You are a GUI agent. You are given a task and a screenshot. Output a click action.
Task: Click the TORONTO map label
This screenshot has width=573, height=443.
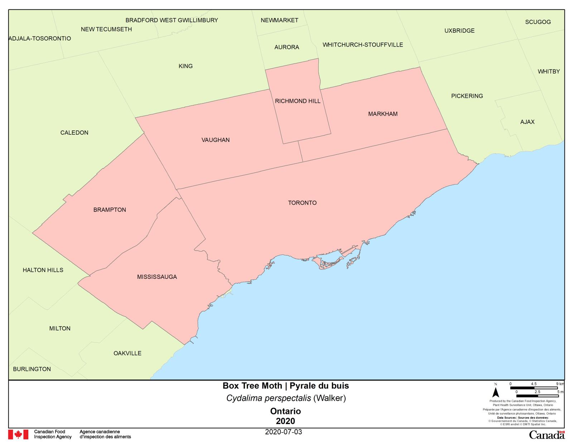tap(302, 203)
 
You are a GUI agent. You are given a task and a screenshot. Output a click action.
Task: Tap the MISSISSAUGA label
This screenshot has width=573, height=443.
tap(157, 277)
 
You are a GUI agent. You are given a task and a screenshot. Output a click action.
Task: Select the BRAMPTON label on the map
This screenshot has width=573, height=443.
tap(110, 210)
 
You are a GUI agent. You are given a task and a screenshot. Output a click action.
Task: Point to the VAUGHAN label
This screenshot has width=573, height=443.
tap(216, 140)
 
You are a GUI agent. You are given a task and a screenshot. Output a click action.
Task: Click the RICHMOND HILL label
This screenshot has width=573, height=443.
tap(298, 101)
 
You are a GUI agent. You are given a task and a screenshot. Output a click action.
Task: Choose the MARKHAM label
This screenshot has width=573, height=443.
tap(383, 114)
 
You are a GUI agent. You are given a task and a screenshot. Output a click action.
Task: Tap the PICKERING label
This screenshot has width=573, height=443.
tap(467, 96)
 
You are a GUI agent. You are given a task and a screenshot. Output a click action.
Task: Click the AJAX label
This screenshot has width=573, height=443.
tap(527, 122)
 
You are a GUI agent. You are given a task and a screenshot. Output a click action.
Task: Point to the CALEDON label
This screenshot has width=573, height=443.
tap(74, 133)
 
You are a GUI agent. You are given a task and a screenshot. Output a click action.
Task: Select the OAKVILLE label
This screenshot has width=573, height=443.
tap(127, 353)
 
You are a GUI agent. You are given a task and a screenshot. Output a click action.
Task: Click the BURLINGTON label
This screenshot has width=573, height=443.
tap(32, 369)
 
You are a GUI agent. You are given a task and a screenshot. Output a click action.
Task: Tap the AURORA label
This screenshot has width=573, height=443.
tap(286, 47)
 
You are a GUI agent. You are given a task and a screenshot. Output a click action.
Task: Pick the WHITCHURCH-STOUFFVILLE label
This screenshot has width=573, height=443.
tap(363, 45)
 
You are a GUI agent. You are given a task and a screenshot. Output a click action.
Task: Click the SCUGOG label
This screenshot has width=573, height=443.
tap(538, 22)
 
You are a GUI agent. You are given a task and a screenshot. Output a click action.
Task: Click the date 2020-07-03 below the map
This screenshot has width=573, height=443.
tap(284, 432)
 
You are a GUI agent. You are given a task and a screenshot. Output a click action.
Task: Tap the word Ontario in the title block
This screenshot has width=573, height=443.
tap(285, 411)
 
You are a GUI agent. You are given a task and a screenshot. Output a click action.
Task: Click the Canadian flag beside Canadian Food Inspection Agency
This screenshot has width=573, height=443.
tap(18, 434)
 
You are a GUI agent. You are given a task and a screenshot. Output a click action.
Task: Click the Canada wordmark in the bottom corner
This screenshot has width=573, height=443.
tap(546, 435)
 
